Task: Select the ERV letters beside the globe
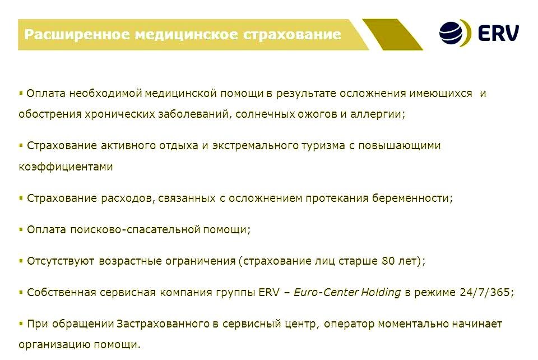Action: point(498,33)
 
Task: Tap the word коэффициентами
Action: point(66,167)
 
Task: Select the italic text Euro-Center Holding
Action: point(347,293)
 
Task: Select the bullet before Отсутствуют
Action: point(21,260)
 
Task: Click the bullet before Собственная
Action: point(21,292)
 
